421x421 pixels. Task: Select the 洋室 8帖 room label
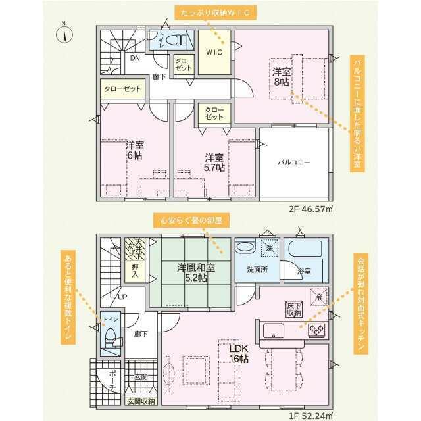coord(281,76)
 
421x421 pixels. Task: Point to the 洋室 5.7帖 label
coord(214,162)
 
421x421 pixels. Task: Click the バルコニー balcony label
coord(293,161)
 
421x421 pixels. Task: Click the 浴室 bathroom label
coord(304,270)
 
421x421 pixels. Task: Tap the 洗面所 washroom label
coord(257,270)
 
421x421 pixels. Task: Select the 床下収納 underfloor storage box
coord(293,310)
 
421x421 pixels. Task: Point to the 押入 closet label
coord(135,271)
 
